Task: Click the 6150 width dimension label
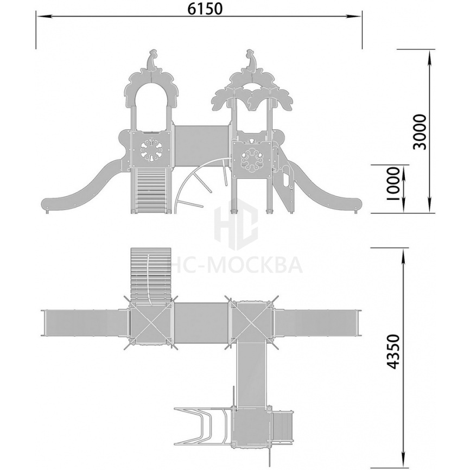[x=205, y=9]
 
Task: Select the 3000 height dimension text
[x=419, y=132]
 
